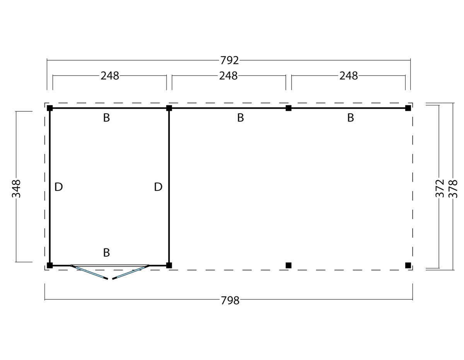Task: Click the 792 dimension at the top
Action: pyautogui.click(x=230, y=60)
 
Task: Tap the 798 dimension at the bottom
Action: pyautogui.click(x=230, y=301)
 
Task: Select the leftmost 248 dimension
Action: pyautogui.click(x=110, y=76)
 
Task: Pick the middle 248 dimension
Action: pyautogui.click(x=228, y=76)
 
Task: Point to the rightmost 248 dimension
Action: pyautogui.click(x=348, y=76)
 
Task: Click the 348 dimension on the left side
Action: pyautogui.click(x=16, y=189)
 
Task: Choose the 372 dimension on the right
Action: pyautogui.click(x=440, y=188)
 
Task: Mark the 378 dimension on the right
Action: pyautogui.click(x=453, y=189)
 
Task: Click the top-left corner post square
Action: pyautogui.click(x=50, y=108)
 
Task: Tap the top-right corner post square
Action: pyautogui.click(x=408, y=108)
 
